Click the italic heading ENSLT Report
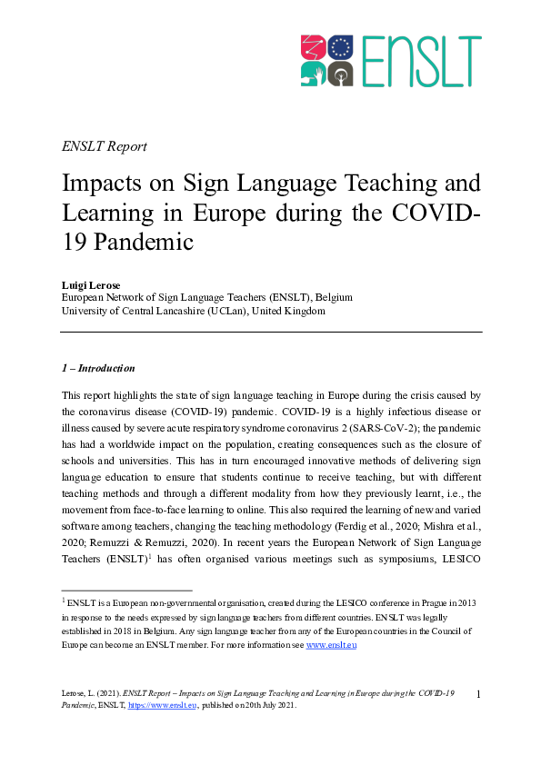[x=104, y=146]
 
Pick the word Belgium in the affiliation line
[x=332, y=297]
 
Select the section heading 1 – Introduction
[x=98, y=368]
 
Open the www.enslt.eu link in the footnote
[x=330, y=646]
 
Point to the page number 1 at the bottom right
[x=478, y=694]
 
